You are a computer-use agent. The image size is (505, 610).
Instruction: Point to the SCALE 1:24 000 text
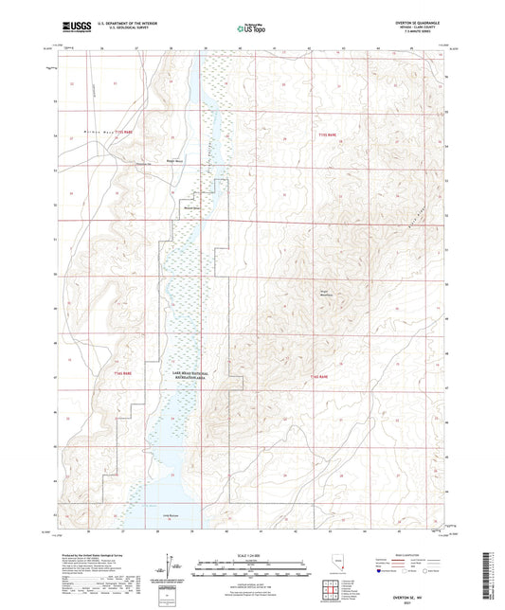pyautogui.click(x=251, y=553)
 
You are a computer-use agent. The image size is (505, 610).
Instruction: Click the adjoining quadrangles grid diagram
pyautogui.click(x=332, y=592)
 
